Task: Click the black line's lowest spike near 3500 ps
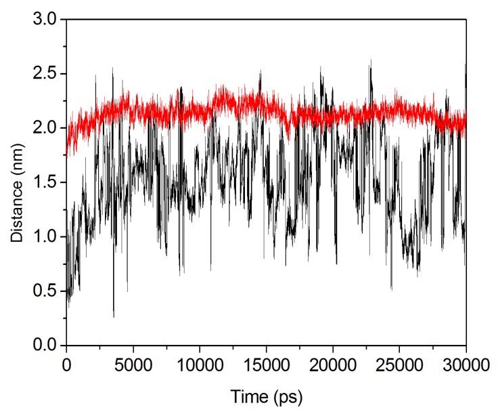114,316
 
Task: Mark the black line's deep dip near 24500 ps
391,289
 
